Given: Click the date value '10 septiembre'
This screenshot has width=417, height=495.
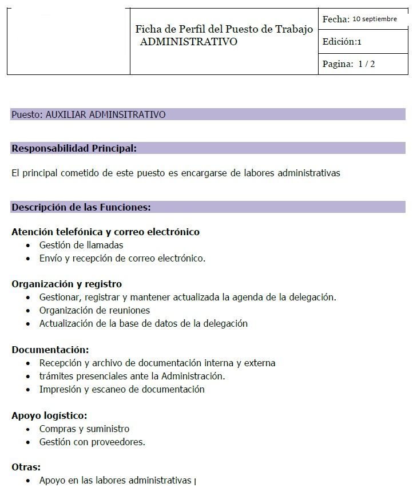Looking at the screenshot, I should click(x=375, y=19).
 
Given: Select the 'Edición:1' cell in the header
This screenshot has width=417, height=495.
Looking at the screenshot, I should click(x=342, y=42).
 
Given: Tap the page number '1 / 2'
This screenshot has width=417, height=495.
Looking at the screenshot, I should click(x=367, y=64).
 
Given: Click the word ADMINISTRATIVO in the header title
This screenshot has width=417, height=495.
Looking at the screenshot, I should click(x=189, y=42).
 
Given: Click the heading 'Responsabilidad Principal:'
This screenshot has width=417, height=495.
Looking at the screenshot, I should click(x=74, y=148).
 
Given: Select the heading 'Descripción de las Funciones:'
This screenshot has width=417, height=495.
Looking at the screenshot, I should click(x=81, y=207).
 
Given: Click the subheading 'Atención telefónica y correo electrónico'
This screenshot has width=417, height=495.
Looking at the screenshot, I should click(x=105, y=232).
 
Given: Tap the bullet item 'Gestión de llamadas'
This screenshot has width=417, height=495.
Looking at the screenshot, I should click(x=81, y=245).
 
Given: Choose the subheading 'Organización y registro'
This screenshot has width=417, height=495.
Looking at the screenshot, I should click(x=66, y=284).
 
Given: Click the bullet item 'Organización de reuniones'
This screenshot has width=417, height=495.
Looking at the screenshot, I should click(x=94, y=310).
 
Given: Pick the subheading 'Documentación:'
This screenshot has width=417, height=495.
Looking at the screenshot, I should click(x=50, y=350).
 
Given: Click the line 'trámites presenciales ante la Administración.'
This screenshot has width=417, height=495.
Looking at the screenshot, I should click(x=132, y=376).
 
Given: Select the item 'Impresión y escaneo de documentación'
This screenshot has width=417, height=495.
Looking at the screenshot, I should click(x=122, y=389).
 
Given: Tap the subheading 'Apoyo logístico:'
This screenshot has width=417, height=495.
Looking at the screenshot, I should click(x=49, y=415).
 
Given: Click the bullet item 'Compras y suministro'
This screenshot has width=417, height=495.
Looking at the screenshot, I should click(x=84, y=429).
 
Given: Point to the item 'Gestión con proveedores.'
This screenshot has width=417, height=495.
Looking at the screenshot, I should click(x=92, y=442).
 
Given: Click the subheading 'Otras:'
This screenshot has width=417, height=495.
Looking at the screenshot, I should click(x=26, y=467).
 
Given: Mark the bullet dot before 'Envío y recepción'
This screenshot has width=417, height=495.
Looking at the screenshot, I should click(x=29, y=259).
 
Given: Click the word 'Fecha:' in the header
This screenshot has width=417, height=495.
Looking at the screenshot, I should click(x=336, y=19).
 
